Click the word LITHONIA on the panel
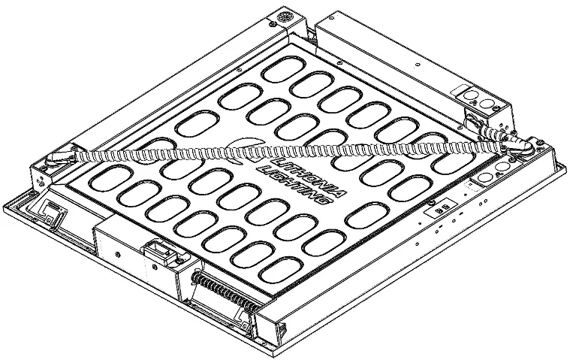click(307, 177)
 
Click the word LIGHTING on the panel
click(294, 186)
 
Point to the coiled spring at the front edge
click(225, 291)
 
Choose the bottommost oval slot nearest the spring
click(281, 271)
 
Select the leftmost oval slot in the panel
click(110, 178)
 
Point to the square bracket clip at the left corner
click(53, 210)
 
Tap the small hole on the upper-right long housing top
click(418, 65)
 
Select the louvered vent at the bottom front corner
click(282, 326)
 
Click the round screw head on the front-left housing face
click(118, 254)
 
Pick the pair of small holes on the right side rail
click(483, 201)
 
